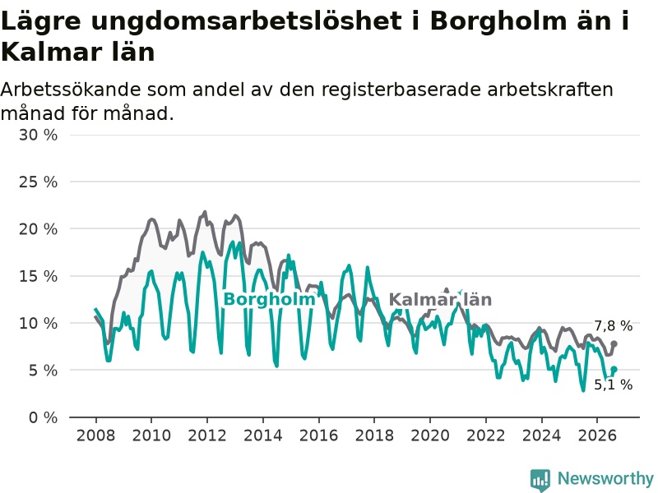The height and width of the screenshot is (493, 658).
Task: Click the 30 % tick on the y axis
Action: tap(38, 135)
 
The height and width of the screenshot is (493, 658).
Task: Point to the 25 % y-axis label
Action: tap(38, 182)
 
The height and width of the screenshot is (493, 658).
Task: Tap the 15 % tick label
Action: tap(38, 276)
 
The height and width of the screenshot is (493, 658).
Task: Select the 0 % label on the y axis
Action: tap(44, 417)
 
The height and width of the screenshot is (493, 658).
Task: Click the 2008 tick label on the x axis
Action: tap(95, 435)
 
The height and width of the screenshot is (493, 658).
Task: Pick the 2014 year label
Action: tap(263, 435)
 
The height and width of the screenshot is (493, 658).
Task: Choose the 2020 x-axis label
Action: tap(430, 435)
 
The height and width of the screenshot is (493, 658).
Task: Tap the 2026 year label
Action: tap(597, 435)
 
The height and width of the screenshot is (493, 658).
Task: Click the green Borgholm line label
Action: tap(269, 299)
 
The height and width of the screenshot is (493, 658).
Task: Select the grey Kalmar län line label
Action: tap(440, 299)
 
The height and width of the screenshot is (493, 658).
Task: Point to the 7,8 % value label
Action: tap(613, 325)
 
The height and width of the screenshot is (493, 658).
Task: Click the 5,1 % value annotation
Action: tap(613, 385)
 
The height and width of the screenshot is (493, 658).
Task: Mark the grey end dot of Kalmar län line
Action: tap(614, 343)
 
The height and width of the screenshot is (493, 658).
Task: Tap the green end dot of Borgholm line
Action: tap(614, 369)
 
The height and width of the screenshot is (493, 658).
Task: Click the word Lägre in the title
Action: tap(41, 21)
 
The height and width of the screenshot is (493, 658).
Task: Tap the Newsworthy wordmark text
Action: tap(605, 478)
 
